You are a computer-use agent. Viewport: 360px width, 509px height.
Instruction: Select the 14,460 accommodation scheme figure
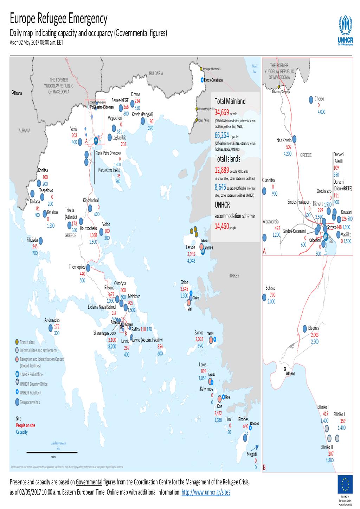tap(221, 227)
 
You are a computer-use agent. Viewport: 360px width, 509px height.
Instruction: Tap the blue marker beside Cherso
tap(311, 99)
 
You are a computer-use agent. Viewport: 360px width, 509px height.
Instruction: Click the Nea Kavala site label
tap(284, 141)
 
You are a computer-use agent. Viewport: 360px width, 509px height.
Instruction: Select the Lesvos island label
tap(190, 247)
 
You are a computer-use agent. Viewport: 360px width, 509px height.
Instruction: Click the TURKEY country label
tap(233, 276)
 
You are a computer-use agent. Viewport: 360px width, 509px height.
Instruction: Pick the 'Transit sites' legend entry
tap(27, 342)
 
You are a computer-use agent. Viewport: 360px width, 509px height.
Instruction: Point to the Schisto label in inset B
tap(270, 288)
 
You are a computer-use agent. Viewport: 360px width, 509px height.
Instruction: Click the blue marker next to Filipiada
tap(41, 241)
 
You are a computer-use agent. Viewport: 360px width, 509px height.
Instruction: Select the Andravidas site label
tap(52, 320)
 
